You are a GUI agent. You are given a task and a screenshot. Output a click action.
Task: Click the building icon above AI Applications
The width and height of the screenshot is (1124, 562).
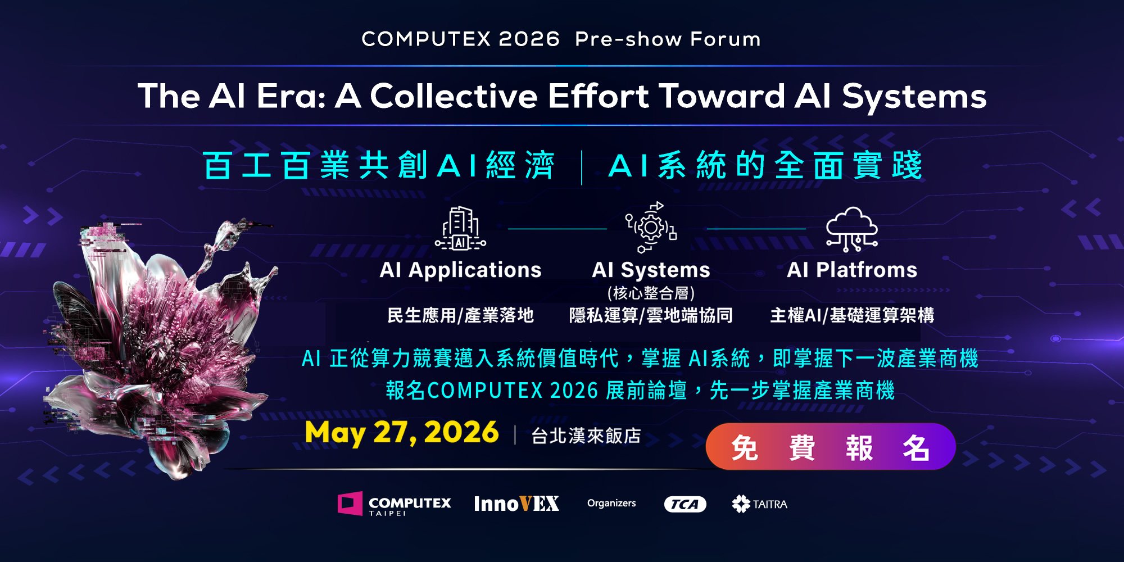click(x=460, y=228)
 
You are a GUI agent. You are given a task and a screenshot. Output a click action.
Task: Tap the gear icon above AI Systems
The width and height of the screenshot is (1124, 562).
click(x=651, y=228)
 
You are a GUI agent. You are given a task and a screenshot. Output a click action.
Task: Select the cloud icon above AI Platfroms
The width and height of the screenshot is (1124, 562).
click(x=852, y=228)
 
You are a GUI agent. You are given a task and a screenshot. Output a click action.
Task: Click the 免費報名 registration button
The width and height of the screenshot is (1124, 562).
click(x=831, y=447)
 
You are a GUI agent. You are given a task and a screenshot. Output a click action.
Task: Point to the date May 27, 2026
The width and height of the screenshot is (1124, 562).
click(x=401, y=433)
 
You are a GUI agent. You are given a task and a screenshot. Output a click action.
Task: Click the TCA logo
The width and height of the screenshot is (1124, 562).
click(x=685, y=504)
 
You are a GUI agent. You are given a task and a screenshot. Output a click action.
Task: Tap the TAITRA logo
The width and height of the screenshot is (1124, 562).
click(x=759, y=504)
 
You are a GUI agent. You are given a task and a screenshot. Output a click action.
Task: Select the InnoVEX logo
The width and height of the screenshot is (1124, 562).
click(x=516, y=504)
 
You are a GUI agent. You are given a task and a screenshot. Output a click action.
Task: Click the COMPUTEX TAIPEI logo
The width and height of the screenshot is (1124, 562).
click(x=394, y=504)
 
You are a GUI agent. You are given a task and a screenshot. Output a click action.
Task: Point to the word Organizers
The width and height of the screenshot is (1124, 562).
click(x=611, y=503)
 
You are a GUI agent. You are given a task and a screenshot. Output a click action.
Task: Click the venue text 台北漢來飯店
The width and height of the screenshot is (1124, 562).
click(x=586, y=436)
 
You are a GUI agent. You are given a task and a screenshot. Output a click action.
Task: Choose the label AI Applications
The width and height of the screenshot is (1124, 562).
click(x=460, y=270)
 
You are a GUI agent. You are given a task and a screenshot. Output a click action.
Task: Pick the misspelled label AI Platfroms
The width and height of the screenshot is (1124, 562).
click(x=852, y=270)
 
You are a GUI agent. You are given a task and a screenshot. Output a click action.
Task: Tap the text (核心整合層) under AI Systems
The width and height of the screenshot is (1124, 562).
click(x=651, y=293)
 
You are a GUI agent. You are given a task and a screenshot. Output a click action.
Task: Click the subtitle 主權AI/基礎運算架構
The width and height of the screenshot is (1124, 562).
click(x=852, y=315)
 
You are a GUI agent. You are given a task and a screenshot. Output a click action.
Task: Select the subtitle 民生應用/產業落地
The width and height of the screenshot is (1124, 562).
click(x=460, y=315)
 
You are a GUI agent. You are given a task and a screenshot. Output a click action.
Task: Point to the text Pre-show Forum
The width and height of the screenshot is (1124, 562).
click(x=668, y=39)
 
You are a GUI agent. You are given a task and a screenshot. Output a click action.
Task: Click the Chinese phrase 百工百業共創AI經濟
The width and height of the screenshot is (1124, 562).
click(x=379, y=165)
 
